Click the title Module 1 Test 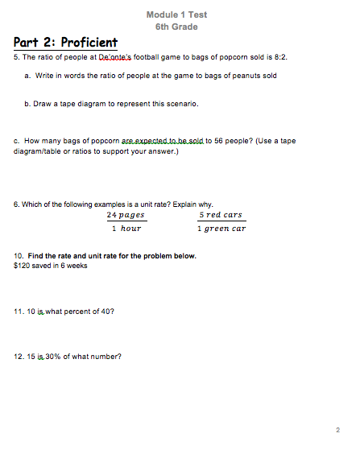[x=176, y=14]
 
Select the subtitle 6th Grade [x=176, y=27]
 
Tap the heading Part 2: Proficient [x=65, y=43]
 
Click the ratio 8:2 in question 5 [x=279, y=58]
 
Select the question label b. [x=27, y=104]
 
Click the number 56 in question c [x=218, y=141]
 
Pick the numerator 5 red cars [x=221, y=215]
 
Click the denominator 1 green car [x=221, y=229]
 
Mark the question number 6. [x=17, y=204]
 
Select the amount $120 [x=23, y=265]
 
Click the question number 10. [x=19, y=256]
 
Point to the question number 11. [x=19, y=310]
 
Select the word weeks [x=77, y=265]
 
